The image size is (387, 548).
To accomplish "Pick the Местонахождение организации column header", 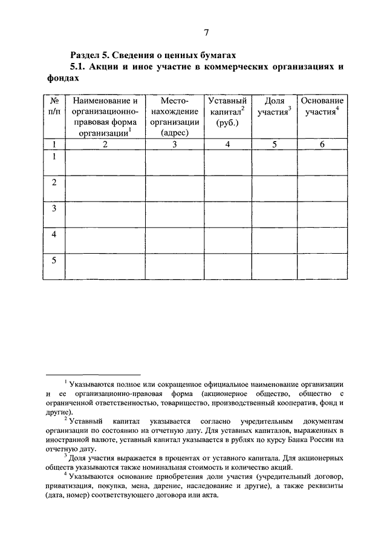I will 175,117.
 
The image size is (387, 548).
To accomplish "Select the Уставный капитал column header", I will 227,111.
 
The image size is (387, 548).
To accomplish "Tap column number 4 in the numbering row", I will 227,144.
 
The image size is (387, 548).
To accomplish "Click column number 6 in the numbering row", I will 322,144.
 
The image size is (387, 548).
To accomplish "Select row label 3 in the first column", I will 53,209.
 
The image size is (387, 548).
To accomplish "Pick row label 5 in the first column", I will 53,260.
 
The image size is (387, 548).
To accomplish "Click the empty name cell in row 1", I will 105,162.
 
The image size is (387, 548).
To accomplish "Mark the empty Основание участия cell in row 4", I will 322,240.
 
